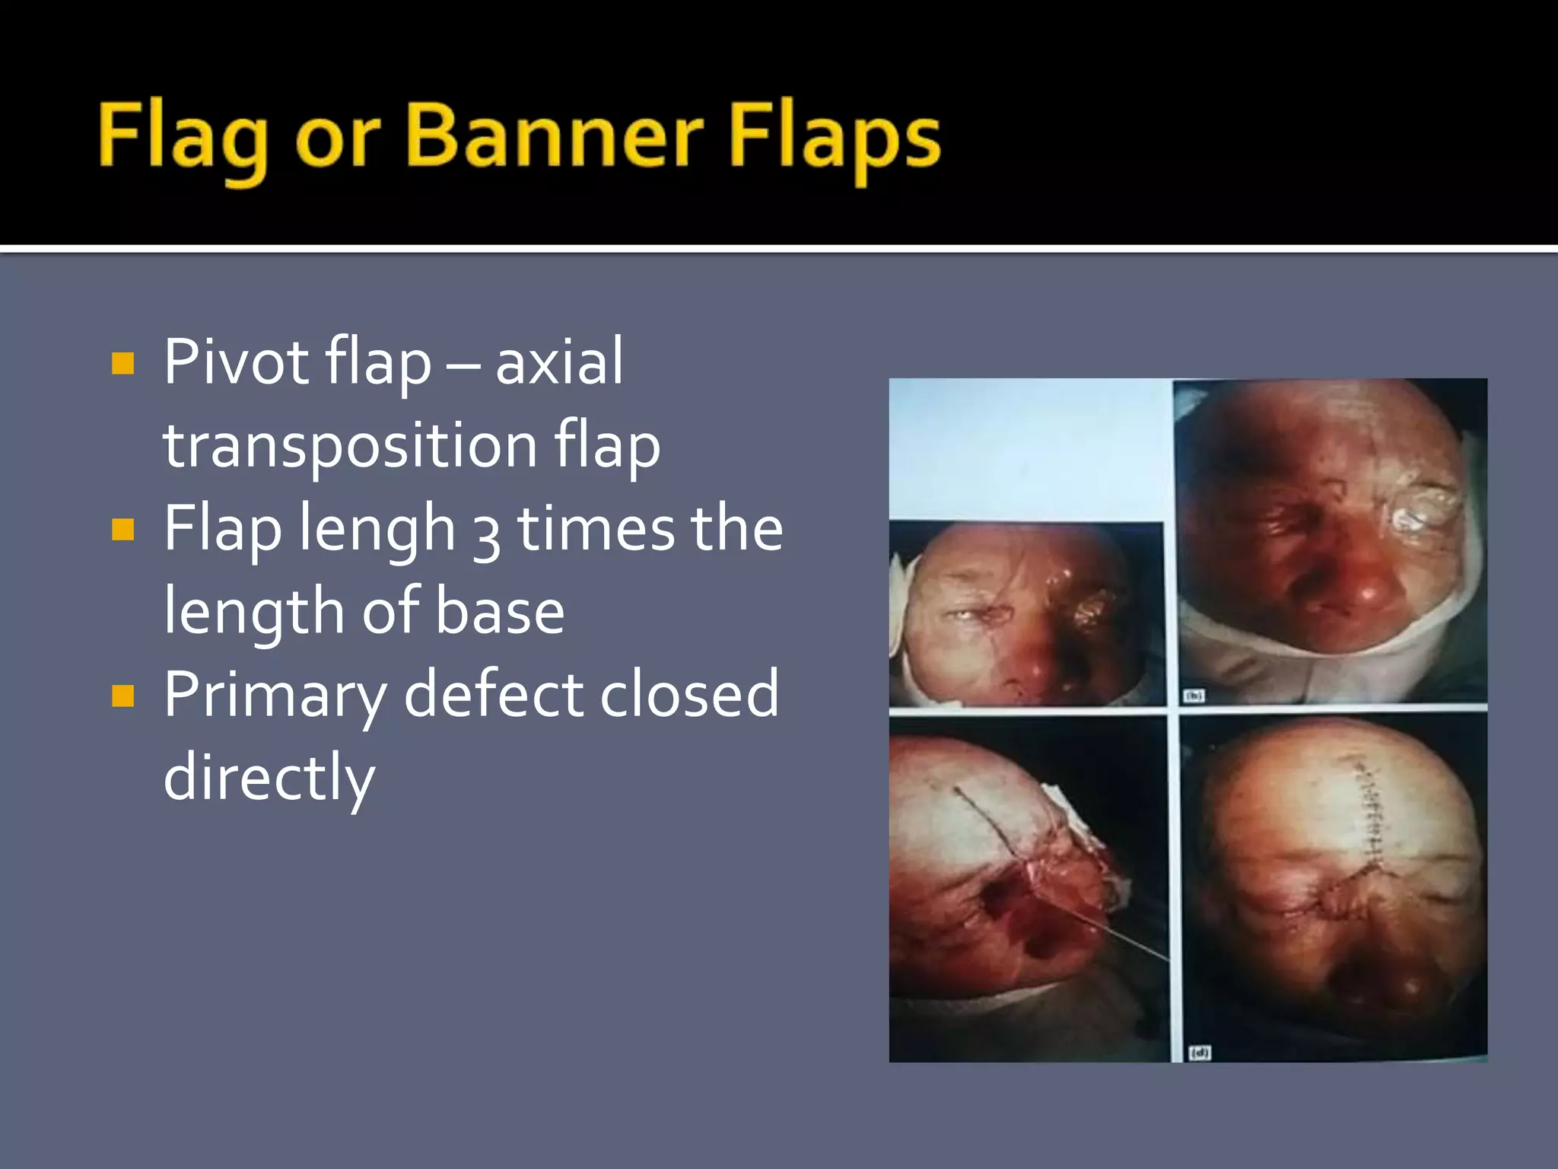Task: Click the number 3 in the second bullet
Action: click(487, 533)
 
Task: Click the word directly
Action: click(269, 779)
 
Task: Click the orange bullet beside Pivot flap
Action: click(122, 363)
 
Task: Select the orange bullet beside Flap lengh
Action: click(122, 529)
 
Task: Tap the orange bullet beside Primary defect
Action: click(122, 695)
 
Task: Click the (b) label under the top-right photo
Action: click(1194, 696)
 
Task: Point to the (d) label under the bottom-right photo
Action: click(1199, 1053)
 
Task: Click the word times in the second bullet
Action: click(595, 529)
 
